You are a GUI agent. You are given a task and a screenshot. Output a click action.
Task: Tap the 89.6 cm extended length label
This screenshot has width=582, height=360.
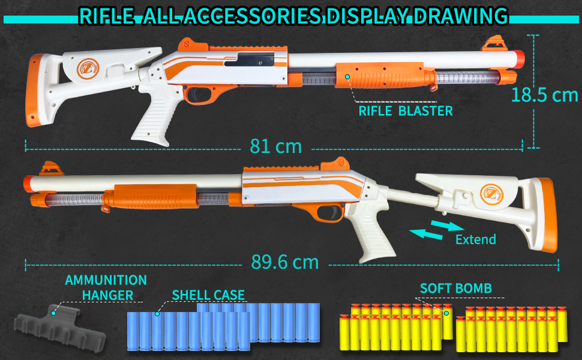pos(286,262)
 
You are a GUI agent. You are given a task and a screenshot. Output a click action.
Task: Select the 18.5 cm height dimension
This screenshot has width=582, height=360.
pos(545,95)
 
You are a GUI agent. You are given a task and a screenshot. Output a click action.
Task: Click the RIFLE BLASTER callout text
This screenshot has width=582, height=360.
pos(406,111)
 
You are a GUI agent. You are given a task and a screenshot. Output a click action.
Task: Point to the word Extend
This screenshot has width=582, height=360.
pos(476,239)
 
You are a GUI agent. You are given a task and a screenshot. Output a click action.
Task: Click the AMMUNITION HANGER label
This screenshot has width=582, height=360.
pos(106,287)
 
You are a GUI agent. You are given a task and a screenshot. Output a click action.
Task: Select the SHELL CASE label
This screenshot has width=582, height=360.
pos(208,295)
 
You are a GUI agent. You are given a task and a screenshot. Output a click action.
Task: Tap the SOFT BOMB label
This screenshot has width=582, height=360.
pos(456,289)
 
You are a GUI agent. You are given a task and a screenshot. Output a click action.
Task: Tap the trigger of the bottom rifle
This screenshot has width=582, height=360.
pos(329,212)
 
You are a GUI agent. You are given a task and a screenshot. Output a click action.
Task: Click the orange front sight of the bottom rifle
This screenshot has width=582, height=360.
pos(48,168)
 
